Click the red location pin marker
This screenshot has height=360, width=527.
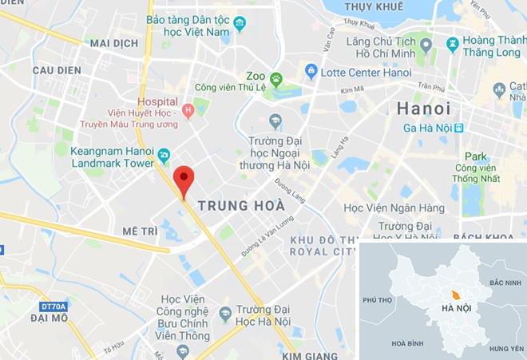tap(184, 179)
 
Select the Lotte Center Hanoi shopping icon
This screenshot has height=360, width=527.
tap(311, 72)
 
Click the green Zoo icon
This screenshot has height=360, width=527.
tap(276, 78)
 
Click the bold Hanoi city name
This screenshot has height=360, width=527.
tap(424, 109)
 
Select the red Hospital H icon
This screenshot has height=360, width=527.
tap(188, 110)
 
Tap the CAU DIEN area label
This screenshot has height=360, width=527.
tap(57, 70)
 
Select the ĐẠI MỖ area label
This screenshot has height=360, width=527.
tap(49, 318)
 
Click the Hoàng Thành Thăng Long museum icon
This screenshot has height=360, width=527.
tap(453, 44)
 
